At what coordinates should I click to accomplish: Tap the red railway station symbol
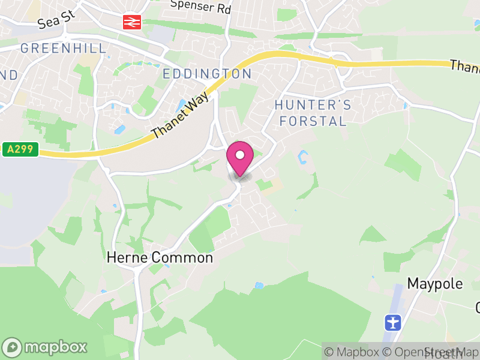tap(131, 22)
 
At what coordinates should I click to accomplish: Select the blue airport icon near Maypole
tap(392, 322)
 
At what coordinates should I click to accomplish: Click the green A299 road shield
tap(20, 149)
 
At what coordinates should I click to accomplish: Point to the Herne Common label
tap(160, 258)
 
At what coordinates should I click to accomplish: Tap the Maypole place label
tap(435, 283)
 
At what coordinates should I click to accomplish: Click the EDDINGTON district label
tap(207, 74)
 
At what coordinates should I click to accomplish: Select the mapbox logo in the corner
tap(46, 347)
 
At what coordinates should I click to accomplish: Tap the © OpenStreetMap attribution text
tap(431, 352)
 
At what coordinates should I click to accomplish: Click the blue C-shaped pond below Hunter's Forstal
tap(303, 158)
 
